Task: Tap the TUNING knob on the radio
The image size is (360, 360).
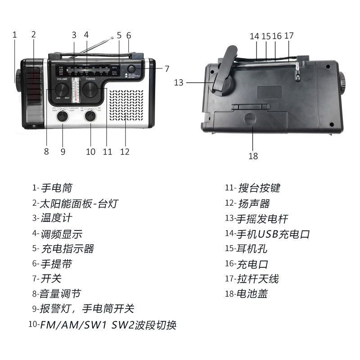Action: pyautogui.click(x=91, y=89)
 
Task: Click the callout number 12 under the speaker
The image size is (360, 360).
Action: pyautogui.click(x=125, y=152)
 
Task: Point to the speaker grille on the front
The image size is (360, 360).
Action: pyautogui.click(x=126, y=104)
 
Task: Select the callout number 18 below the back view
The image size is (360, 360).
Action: pyautogui.click(x=253, y=156)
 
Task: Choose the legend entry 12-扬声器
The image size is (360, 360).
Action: pyautogui.click(x=247, y=203)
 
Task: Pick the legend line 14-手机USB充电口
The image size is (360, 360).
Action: pyautogui.click(x=267, y=234)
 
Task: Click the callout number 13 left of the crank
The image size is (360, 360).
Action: pyautogui.click(x=179, y=82)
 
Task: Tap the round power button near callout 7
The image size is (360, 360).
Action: pyautogui.click(x=131, y=68)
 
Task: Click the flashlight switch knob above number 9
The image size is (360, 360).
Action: pyautogui.click(x=62, y=117)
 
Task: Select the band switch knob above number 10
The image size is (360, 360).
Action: pyautogui.click(x=91, y=117)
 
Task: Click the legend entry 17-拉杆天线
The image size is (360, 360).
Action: pyautogui.click(x=252, y=279)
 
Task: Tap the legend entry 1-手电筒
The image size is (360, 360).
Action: pyautogui.click(x=52, y=188)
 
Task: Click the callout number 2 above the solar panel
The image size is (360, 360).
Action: pyautogui.click(x=33, y=34)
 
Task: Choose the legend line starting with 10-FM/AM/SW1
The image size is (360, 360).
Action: pyautogui.click(x=102, y=324)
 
